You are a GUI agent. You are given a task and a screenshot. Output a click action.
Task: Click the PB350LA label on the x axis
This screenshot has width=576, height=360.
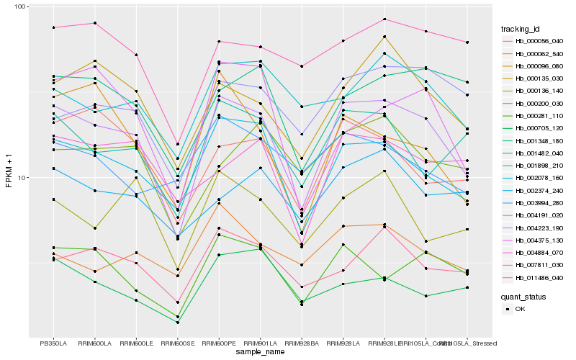pyautogui.click(x=53, y=343)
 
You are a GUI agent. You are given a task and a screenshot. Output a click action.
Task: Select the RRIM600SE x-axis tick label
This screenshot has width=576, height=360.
pyautogui.click(x=177, y=343)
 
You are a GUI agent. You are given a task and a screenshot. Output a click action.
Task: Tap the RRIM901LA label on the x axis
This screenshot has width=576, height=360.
pyautogui.click(x=261, y=343)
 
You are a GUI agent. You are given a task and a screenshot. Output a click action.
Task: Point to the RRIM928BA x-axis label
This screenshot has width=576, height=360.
pyautogui.click(x=302, y=343)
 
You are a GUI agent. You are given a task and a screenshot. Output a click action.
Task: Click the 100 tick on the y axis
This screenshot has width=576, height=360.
pyautogui.click(x=19, y=6)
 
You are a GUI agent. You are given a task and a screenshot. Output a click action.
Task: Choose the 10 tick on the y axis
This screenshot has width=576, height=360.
pyautogui.click(x=22, y=177)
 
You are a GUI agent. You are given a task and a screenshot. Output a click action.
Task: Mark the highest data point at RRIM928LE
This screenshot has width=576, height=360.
pyautogui.click(x=384, y=19)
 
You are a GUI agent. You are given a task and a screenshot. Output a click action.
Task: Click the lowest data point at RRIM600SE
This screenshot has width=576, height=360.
pyautogui.click(x=177, y=323)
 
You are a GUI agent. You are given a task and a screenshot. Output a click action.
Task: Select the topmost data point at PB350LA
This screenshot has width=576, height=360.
pyautogui.click(x=53, y=27)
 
